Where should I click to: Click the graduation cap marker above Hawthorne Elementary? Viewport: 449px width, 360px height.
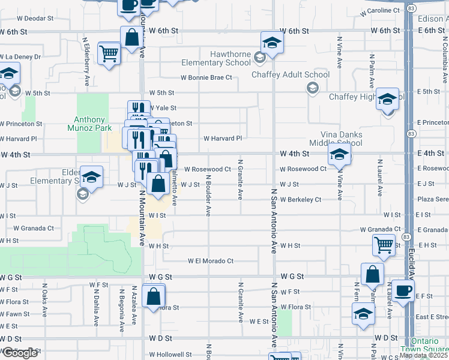[x=272, y=43]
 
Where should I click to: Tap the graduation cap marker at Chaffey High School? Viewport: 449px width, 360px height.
[x=387, y=98]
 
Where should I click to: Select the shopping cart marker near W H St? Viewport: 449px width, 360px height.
[x=383, y=244]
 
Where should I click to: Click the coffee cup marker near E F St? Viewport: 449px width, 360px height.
[x=402, y=291]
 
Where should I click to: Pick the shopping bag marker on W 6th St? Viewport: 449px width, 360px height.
[x=131, y=37]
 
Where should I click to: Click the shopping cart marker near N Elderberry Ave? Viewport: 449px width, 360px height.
[x=109, y=53]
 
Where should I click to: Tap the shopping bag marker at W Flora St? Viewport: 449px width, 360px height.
[x=153, y=296]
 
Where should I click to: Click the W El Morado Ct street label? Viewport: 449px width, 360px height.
[x=210, y=261]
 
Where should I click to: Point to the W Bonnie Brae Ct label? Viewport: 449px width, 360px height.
[x=206, y=77]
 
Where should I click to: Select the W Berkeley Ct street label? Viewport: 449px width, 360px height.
[x=300, y=199]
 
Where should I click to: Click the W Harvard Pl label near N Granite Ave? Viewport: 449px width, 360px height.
[x=222, y=138]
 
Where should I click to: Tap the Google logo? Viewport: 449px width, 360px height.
[x=19, y=353]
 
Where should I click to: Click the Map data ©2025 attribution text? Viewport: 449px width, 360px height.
[x=424, y=355]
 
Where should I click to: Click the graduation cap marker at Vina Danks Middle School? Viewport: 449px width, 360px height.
[x=339, y=155]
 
